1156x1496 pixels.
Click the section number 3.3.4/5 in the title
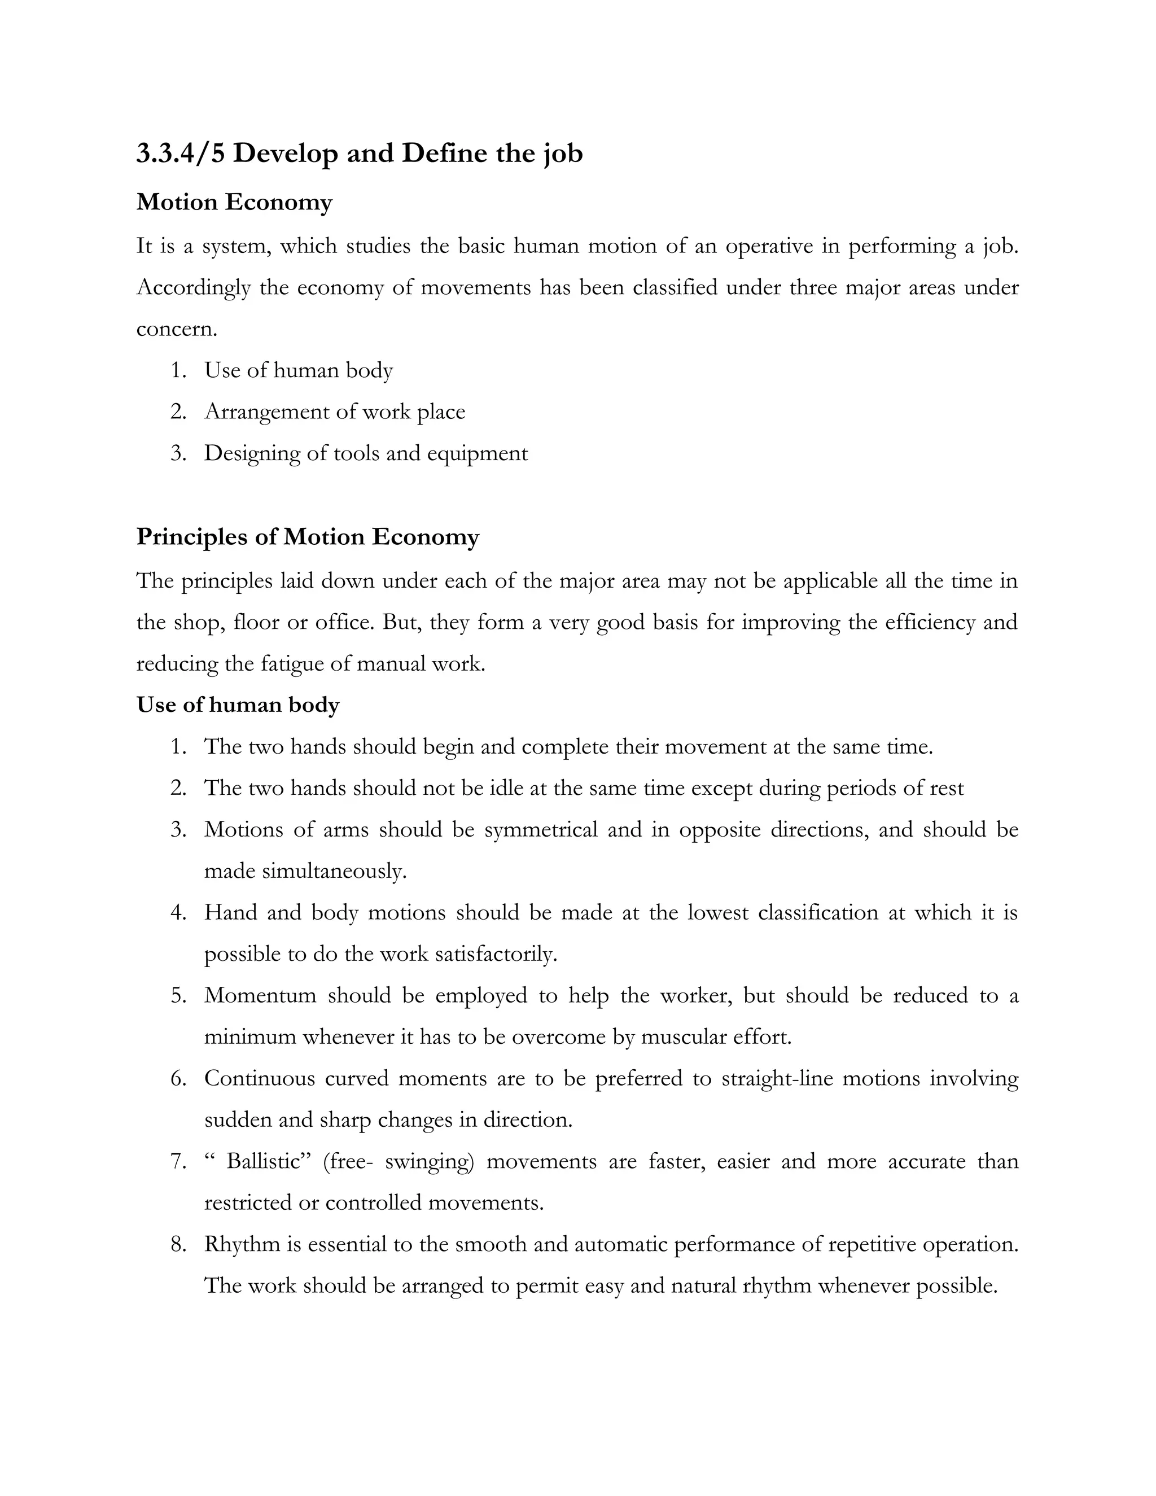[180, 153]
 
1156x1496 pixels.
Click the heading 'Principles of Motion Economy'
[308, 536]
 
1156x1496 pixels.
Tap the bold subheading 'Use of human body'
[238, 705]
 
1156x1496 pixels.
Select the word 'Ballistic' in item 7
[264, 1162]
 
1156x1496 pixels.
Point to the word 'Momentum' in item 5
[260, 995]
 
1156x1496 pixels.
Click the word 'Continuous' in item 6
[258, 1078]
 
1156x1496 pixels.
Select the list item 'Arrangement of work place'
[334, 412]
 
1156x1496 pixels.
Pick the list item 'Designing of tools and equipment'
[366, 453]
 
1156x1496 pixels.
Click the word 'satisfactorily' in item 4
[495, 954]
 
